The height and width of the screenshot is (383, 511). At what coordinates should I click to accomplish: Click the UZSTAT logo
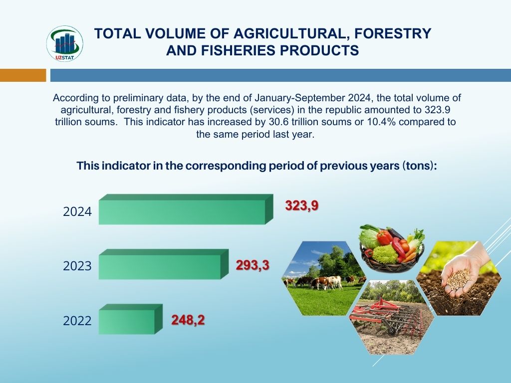pyautogui.click(x=64, y=44)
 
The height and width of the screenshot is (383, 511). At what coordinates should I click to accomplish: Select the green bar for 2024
pyautogui.click(x=186, y=209)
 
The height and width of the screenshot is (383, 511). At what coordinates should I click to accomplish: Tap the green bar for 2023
pyautogui.click(x=164, y=264)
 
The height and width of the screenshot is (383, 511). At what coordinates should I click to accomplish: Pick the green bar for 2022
pyautogui.click(x=130, y=319)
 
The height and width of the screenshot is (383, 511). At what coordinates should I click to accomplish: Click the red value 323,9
pyautogui.click(x=301, y=206)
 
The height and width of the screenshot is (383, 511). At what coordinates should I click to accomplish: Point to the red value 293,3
pyautogui.click(x=253, y=265)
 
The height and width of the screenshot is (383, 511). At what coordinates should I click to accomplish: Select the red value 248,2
pyautogui.click(x=188, y=320)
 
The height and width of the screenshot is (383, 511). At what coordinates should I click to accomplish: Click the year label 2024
pyautogui.click(x=77, y=211)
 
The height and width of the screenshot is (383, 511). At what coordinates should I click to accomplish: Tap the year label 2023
pyautogui.click(x=77, y=266)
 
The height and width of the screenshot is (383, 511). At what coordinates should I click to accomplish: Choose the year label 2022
pyautogui.click(x=77, y=321)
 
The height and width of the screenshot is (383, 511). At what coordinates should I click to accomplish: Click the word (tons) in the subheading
pyautogui.click(x=419, y=166)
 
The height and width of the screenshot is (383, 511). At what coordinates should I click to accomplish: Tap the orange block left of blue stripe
pyautogui.click(x=23, y=75)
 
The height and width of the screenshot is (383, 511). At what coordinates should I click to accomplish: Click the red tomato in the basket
pyautogui.click(x=385, y=237)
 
